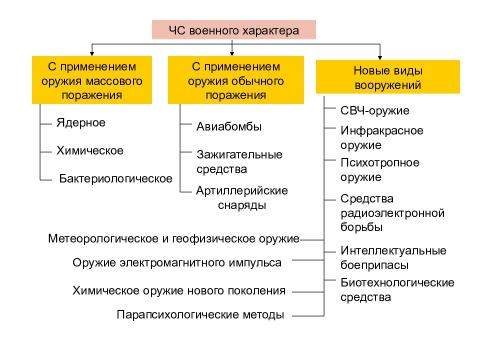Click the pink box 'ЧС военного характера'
234,29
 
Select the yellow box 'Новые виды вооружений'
388,77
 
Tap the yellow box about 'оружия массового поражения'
92,80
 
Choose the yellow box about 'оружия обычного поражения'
235,80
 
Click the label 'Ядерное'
81,123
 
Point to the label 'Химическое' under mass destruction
90,150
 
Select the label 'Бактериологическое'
115,178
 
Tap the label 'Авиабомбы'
229,126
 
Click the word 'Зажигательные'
239,154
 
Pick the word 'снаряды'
242,205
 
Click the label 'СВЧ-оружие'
374,110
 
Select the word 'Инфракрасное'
381,130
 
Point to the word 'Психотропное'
380,163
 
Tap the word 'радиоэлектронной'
392,213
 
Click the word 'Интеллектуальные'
393,250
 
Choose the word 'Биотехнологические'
397,282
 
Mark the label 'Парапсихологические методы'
200,314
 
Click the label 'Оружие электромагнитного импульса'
177,263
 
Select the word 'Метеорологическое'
103,239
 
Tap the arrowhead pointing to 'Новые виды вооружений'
380,58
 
